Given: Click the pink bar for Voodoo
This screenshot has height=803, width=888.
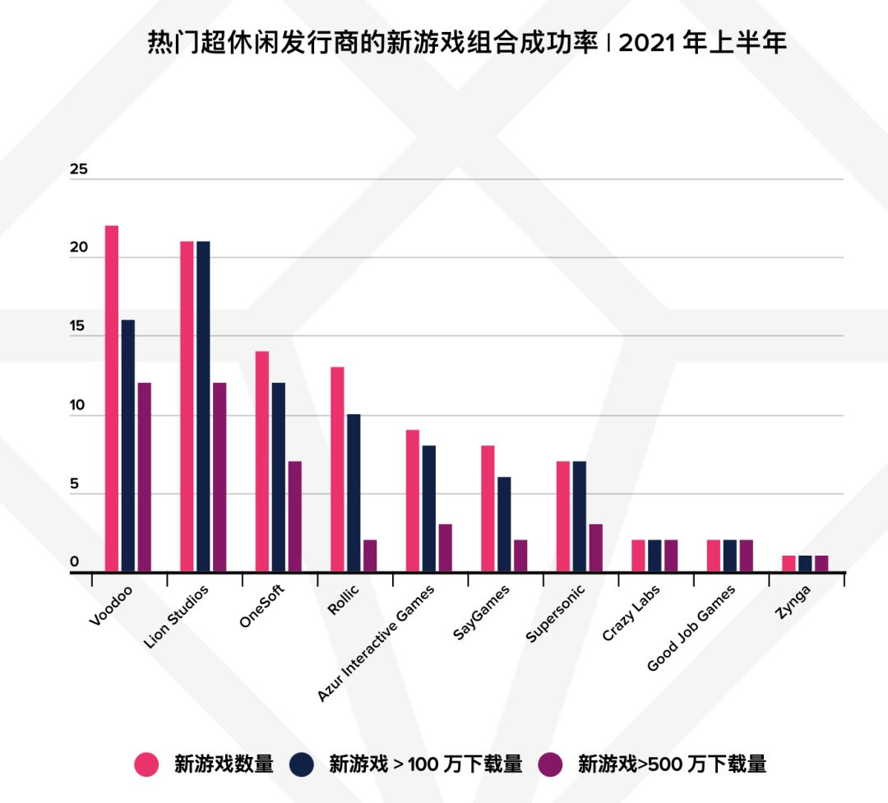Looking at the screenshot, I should click(112, 399).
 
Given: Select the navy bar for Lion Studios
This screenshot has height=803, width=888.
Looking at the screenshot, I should click(203, 406).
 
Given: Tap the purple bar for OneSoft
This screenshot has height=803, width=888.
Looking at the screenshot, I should click(294, 516).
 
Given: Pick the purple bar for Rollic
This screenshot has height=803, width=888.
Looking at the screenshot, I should click(370, 556).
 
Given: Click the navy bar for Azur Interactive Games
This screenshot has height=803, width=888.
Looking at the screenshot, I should click(428, 509).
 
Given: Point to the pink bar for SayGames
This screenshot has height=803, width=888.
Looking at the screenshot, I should click(488, 509).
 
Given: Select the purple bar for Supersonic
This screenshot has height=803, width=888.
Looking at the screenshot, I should click(595, 547).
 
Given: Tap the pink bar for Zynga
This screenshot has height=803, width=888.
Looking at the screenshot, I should click(789, 564).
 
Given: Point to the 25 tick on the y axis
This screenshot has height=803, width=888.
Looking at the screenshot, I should click(79, 171).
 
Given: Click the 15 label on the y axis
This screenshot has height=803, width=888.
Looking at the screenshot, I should click(79, 327).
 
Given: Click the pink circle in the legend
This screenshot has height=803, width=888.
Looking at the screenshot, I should click(146, 764).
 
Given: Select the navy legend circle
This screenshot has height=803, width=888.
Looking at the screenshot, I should click(302, 764).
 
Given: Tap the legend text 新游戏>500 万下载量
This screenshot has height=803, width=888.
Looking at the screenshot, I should click(672, 764).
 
